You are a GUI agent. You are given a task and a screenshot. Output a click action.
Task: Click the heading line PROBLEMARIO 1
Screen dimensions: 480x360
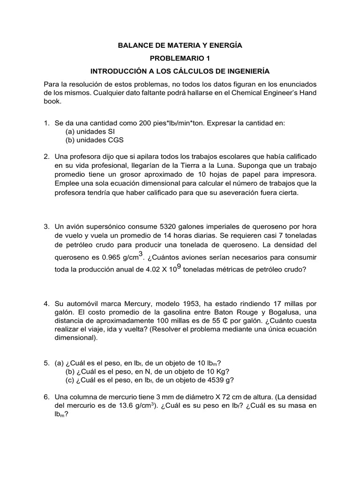[180, 59]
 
